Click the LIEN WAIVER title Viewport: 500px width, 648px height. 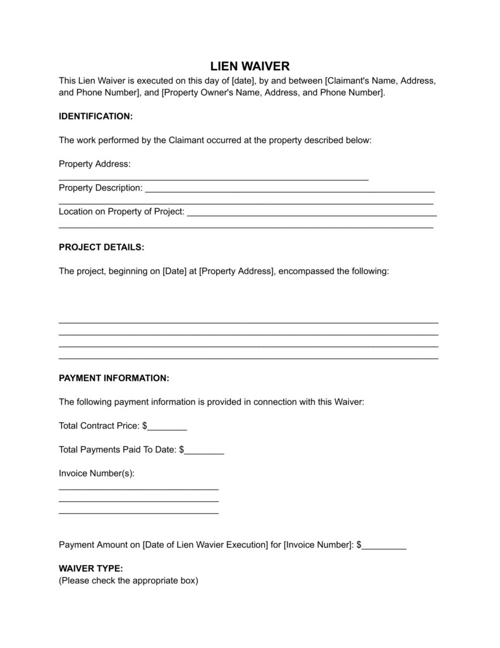point(250,66)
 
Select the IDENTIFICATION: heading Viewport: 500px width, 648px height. point(95,116)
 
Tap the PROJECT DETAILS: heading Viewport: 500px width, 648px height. point(101,247)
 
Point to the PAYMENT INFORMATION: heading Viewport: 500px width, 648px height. point(114,378)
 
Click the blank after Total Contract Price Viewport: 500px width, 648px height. point(167,427)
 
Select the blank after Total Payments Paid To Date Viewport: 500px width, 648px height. point(204,450)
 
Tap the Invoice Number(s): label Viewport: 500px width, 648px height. point(97,473)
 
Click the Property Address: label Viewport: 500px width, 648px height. point(94,164)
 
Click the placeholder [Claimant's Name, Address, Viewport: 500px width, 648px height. point(380,81)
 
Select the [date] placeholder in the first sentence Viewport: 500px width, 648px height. point(243,81)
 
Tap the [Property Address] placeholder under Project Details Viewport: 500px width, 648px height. point(237,271)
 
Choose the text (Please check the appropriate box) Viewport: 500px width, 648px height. point(128,580)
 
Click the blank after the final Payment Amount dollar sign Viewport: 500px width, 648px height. point(384,545)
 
